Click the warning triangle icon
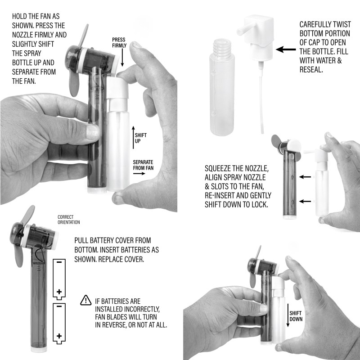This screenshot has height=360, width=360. tap(86, 300)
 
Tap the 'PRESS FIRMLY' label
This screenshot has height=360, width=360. tap(119, 42)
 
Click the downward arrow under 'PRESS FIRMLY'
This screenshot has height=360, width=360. tap(122, 58)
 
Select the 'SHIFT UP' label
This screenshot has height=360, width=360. tap(140, 138)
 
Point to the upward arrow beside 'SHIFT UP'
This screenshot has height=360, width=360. tap(133, 137)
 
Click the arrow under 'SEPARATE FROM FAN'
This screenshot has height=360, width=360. tap(139, 173)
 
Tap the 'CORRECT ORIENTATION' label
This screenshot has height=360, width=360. tap(69, 220)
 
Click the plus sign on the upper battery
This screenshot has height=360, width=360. tap(59, 292)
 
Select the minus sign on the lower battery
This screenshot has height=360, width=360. tap(59, 306)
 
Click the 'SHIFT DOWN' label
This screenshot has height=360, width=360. tap(296, 316)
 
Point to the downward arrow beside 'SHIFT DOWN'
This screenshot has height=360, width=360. tap(288, 315)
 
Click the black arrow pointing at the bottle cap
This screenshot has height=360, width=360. tap(286, 49)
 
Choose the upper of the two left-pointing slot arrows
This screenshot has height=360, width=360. tap(305, 177)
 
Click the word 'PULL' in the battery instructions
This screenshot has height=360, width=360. tap(81, 240)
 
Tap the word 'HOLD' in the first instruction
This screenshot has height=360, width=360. tap(19, 16)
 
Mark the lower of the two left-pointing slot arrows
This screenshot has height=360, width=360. tap(305, 201)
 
